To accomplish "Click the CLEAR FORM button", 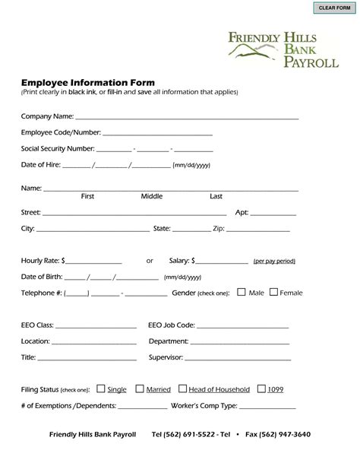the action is (333, 8).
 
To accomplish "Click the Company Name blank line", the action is (186, 118).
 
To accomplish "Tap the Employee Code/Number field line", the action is (163, 134).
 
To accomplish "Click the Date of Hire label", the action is (40, 165).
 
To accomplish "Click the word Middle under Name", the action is (152, 196).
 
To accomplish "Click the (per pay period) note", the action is (274, 261).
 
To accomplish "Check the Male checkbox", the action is (241, 292).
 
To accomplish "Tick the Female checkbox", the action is (274, 292).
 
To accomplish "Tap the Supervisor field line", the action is (238, 358).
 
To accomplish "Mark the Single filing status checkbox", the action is (101, 388).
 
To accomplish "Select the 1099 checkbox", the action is (261, 388).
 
